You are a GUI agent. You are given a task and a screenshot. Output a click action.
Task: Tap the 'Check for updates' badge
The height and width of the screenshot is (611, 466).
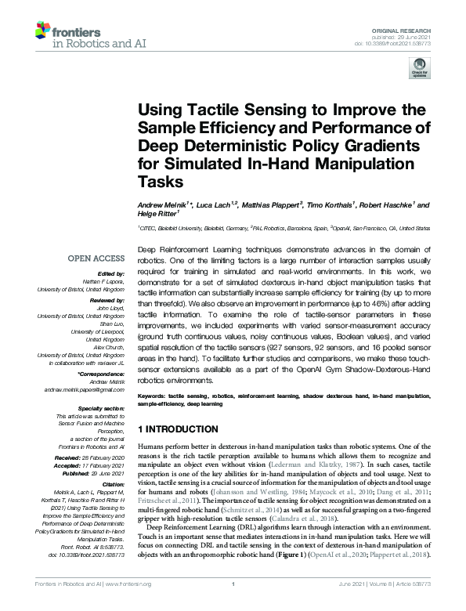point(414,71)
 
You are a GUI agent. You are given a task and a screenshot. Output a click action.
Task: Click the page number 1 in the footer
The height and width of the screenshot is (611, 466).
point(233,606)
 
